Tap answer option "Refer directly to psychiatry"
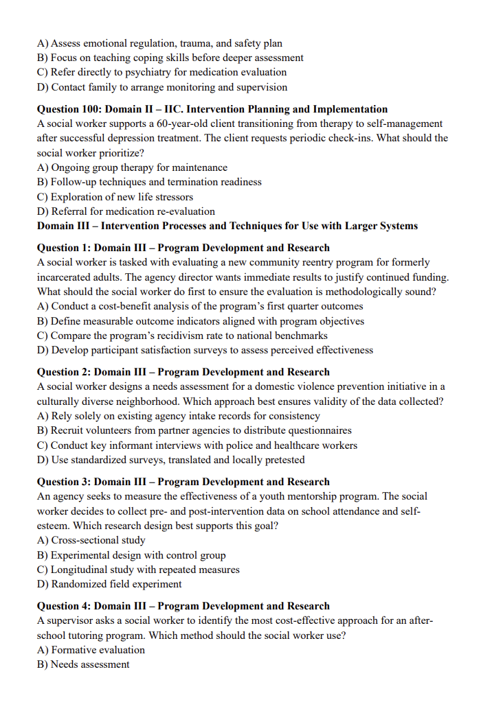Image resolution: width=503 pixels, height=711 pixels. pyautogui.click(x=161, y=72)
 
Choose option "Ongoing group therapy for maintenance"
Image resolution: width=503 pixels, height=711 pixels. pyautogui.click(x=132, y=167)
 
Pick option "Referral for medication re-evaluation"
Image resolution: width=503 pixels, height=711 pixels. pyautogui.click(x=126, y=211)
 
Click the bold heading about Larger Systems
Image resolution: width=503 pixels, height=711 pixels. pyautogui.click(x=227, y=226)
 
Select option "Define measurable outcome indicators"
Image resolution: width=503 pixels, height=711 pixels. pyautogui.click(x=201, y=321)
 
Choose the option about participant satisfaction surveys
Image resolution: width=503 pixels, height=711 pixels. pyautogui.click(x=205, y=350)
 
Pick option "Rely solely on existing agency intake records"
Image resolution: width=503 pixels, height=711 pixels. pyautogui.click(x=178, y=416)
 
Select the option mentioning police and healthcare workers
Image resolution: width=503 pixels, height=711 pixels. pyautogui.click(x=197, y=445)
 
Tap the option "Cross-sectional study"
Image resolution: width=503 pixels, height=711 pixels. pyautogui.click(x=91, y=540)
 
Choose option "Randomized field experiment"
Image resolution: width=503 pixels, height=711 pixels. pyautogui.click(x=109, y=584)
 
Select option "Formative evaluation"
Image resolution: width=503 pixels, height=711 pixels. pyautogui.click(x=91, y=650)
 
